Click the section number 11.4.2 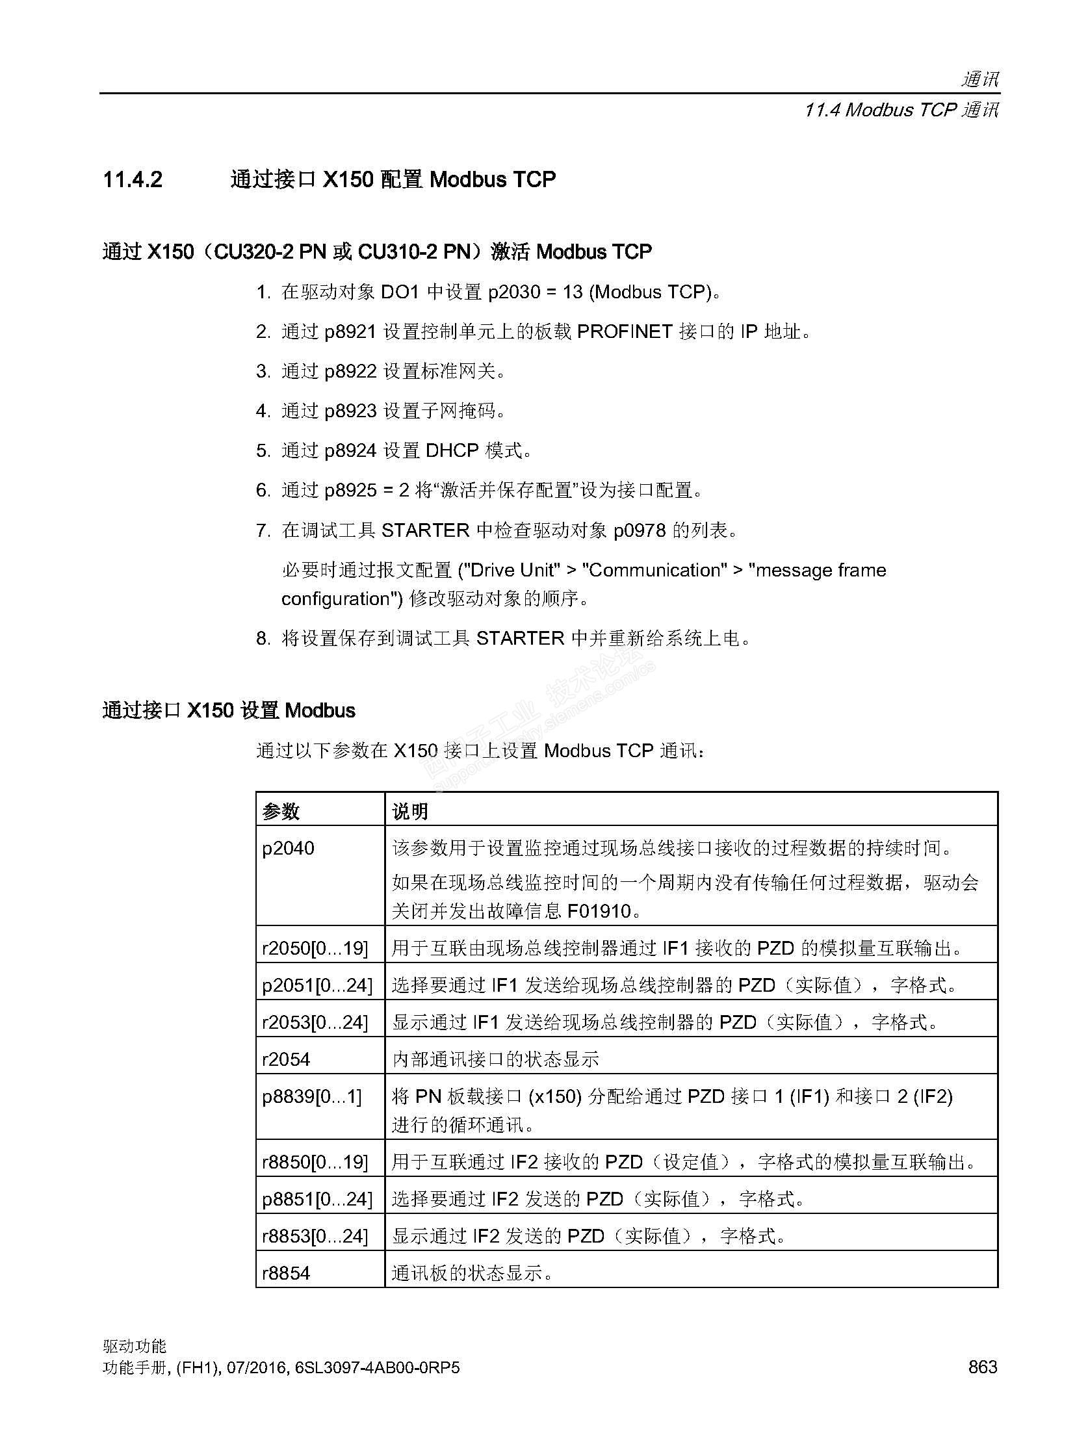pyautogui.click(x=133, y=179)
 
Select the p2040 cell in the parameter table pyautogui.click(x=288, y=848)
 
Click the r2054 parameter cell pyautogui.click(x=286, y=1059)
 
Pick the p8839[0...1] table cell pyautogui.click(x=311, y=1096)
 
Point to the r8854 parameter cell pyautogui.click(x=286, y=1272)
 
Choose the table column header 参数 pyautogui.click(x=281, y=811)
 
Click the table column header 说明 pyautogui.click(x=410, y=811)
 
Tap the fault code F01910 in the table pyautogui.click(x=599, y=910)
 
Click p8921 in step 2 pyautogui.click(x=350, y=332)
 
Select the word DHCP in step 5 pyautogui.click(x=452, y=450)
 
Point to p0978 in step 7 pyautogui.click(x=640, y=530)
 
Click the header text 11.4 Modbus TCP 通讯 pyautogui.click(x=901, y=110)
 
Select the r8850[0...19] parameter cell pyautogui.click(x=315, y=1161)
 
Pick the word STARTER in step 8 pyautogui.click(x=520, y=638)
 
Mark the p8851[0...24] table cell pyautogui.click(x=317, y=1198)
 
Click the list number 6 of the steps pyautogui.click(x=261, y=491)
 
